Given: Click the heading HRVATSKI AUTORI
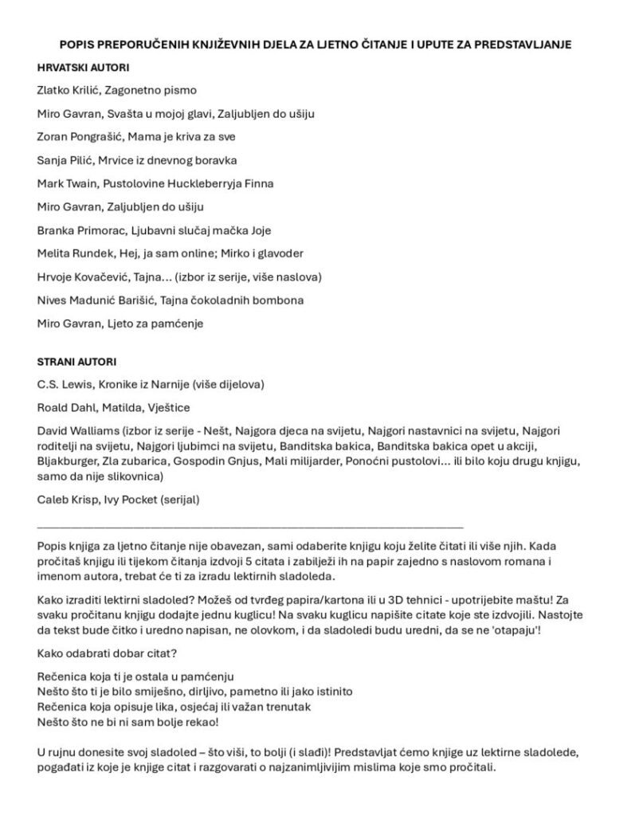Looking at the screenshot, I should pyautogui.click(x=84, y=68).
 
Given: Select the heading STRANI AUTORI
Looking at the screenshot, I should pyautogui.click(x=76, y=361).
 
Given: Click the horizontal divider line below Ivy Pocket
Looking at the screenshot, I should pyautogui.click(x=250, y=527).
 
